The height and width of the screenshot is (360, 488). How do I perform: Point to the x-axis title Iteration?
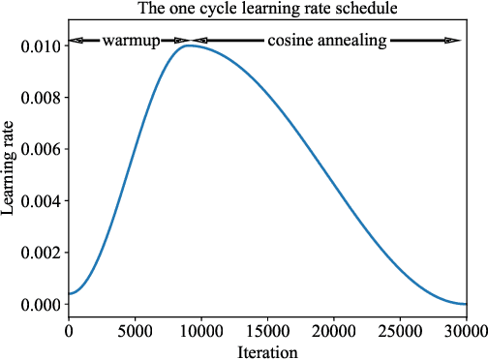[x=267, y=351]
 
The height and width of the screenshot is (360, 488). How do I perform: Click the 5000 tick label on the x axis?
[x=135, y=331]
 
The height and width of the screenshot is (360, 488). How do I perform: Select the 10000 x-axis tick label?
[x=200, y=331]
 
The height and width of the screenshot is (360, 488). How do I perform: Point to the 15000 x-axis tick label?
[x=267, y=331]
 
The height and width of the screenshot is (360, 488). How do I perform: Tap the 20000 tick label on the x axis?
[x=333, y=331]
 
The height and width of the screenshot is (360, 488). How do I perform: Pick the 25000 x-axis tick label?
[x=400, y=331]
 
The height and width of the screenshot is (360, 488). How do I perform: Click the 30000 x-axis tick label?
[x=466, y=331]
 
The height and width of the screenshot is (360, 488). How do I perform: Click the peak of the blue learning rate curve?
[x=188, y=45]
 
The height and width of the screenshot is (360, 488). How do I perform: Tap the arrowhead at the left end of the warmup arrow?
[x=76, y=41]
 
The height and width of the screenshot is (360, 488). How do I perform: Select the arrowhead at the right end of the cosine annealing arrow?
[x=452, y=41]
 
